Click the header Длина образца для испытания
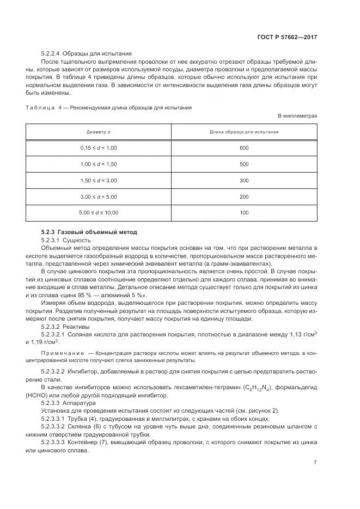[x=244, y=132]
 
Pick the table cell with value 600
[x=244, y=148]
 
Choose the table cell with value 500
[x=244, y=164]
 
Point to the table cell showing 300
[x=244, y=180]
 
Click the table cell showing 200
[x=244, y=196]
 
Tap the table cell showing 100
[x=244, y=212]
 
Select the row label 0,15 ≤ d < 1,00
[x=99, y=148]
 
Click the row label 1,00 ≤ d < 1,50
[x=99, y=164]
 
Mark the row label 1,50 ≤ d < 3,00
[x=99, y=180]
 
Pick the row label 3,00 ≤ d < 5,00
[x=99, y=196]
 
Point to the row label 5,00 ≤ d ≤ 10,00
[x=99, y=212]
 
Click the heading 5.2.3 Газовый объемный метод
[x=86, y=232]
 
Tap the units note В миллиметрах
[x=297, y=116]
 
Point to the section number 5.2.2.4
[x=50, y=54]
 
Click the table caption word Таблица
[x=40, y=108]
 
